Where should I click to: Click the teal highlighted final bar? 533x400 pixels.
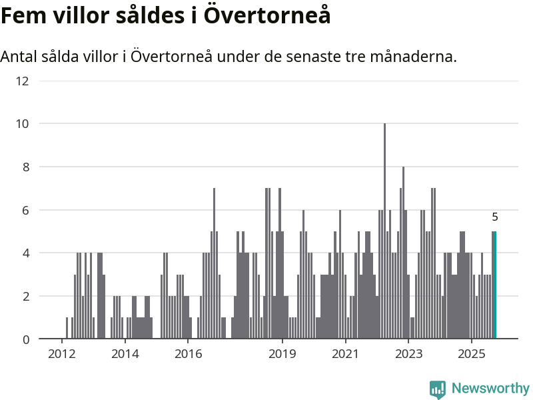point(495,285)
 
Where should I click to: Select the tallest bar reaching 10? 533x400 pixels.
point(384,231)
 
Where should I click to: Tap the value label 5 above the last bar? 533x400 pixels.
point(495,217)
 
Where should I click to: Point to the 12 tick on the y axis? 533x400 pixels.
point(22,81)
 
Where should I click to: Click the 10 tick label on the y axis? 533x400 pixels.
point(22,124)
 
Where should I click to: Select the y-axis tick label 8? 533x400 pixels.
point(25,167)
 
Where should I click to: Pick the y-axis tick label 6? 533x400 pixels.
point(25,210)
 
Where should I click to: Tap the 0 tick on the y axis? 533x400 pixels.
point(25,339)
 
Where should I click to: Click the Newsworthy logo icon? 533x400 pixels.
point(438,389)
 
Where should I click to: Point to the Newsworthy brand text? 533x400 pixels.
point(490,389)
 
